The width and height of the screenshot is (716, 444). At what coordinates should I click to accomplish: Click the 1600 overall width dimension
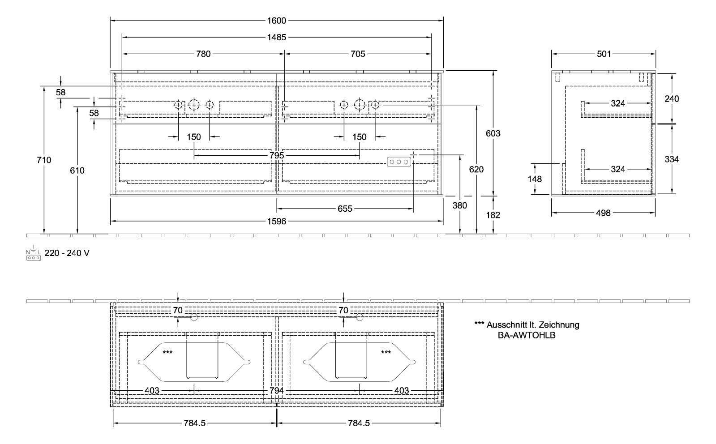[x=277, y=21]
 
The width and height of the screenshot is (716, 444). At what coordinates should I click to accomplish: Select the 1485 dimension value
[x=277, y=38]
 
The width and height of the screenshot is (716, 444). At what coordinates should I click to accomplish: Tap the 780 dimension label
[x=203, y=54]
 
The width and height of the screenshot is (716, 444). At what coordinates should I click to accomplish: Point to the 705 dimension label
[x=358, y=54]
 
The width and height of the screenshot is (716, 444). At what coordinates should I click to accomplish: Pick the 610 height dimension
[x=77, y=171]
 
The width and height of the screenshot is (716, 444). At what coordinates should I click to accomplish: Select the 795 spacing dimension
[x=277, y=156]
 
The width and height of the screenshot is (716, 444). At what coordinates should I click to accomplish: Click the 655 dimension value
[x=345, y=209]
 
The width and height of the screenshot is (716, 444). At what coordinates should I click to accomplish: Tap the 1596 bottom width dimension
[x=277, y=221]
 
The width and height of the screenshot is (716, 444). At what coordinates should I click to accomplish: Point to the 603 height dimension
[x=493, y=133]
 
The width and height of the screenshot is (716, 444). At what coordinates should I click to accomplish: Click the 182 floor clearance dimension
[x=493, y=215]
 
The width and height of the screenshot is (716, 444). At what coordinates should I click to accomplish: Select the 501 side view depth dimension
[x=604, y=54]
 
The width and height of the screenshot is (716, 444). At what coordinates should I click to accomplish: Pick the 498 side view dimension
[x=603, y=213]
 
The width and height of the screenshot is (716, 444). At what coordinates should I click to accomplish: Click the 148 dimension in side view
[x=535, y=179]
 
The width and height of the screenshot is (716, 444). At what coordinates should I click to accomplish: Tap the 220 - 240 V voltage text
[x=67, y=253]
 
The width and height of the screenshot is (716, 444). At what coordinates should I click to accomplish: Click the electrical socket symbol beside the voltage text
[x=34, y=253]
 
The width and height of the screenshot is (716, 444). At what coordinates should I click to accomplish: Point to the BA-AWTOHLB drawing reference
[x=527, y=335]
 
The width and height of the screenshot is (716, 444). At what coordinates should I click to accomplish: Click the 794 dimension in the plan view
[x=277, y=391]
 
